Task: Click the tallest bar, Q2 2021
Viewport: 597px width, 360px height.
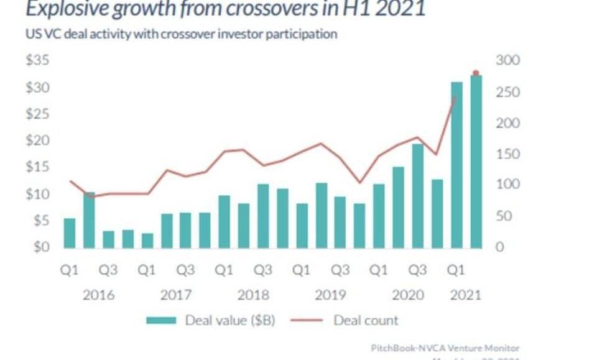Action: click(x=476, y=162)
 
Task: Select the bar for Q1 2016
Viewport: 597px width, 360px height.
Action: click(x=70, y=233)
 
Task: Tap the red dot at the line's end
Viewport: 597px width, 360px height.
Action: click(x=476, y=73)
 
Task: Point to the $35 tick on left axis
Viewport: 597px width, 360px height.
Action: click(x=37, y=61)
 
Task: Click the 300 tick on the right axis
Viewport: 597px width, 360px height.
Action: click(x=507, y=61)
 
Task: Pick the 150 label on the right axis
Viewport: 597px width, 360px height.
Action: click(x=507, y=154)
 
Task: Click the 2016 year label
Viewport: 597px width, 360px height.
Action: click(x=98, y=295)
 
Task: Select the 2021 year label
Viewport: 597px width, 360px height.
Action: click(x=465, y=295)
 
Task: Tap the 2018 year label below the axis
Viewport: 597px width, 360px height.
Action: click(x=253, y=295)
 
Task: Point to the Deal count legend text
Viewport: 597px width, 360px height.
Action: click(x=366, y=321)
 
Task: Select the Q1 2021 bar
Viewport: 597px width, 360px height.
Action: click(x=457, y=165)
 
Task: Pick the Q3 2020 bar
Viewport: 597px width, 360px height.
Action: click(x=419, y=196)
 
